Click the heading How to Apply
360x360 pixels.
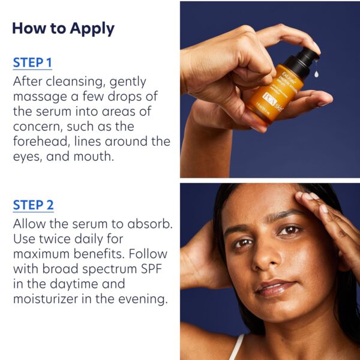pos(63,28)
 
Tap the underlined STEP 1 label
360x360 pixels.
pos(33,63)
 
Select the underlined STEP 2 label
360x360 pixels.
pos(33,205)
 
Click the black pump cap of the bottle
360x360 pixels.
pos(304,60)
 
